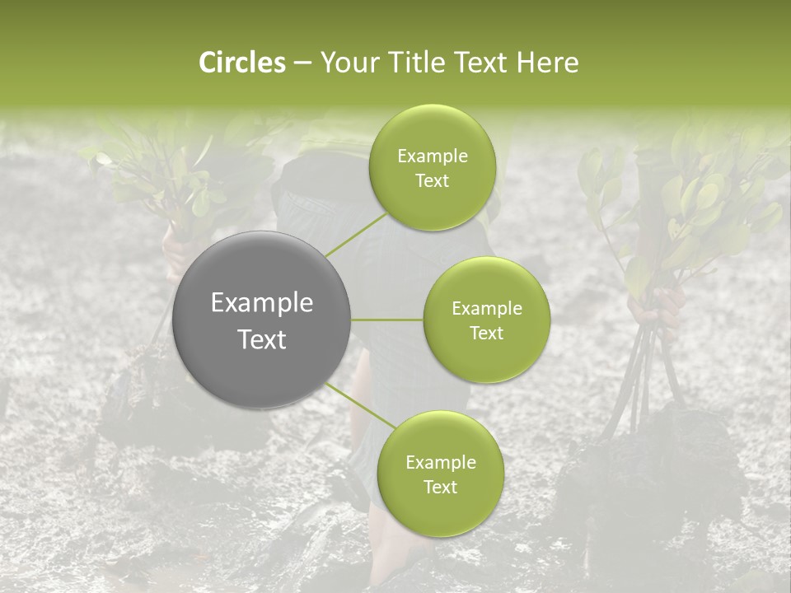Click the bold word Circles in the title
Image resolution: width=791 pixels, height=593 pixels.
(x=241, y=63)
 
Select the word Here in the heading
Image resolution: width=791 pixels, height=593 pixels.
(x=549, y=63)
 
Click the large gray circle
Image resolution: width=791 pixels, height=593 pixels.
(x=262, y=320)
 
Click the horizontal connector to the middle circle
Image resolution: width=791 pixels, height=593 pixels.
(x=387, y=320)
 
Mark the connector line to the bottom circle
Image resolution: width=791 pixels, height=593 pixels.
(x=360, y=405)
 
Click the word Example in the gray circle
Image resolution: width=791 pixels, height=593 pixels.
(x=262, y=303)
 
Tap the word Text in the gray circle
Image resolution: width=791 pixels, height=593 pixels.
(x=262, y=339)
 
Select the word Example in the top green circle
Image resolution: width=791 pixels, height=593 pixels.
(x=432, y=156)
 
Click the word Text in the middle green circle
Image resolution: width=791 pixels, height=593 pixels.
(x=486, y=333)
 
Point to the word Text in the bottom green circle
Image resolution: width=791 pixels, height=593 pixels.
(x=440, y=487)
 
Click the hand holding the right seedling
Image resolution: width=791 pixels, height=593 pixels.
(x=657, y=304)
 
